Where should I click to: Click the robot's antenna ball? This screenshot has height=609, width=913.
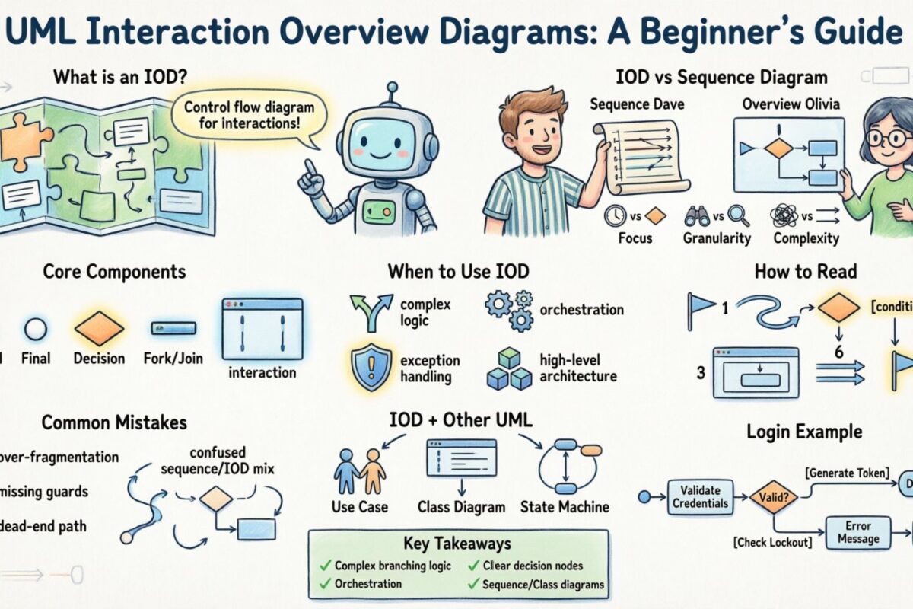392,88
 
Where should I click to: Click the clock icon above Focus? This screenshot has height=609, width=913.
614,216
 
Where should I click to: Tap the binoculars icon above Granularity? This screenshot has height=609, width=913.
696,216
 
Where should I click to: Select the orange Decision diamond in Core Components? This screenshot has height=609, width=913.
99,328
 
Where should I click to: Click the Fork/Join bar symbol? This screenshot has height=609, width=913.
173,328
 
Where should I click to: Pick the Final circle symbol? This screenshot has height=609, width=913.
36,329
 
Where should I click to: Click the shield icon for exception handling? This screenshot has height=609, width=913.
372,367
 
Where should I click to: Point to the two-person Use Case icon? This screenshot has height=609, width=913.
360,471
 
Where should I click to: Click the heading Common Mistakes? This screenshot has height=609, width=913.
114,422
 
